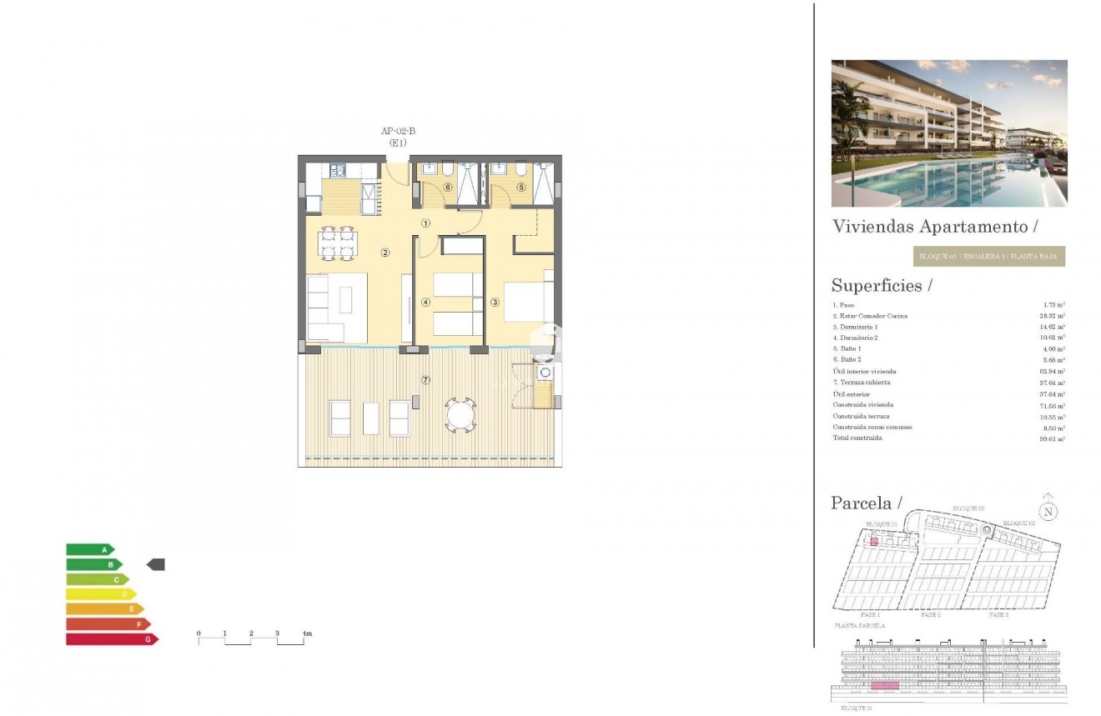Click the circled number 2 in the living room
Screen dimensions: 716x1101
pos(385,253)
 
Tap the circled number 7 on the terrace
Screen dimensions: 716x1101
pos(425,381)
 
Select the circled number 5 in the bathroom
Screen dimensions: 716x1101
pos(521,188)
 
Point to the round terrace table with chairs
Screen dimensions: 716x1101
pos(459,413)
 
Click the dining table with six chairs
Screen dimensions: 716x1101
pos(338,243)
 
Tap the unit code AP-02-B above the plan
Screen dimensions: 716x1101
pos(398,131)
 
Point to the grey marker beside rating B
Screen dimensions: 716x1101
pos(156,565)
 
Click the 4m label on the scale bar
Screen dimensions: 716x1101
pos(306,634)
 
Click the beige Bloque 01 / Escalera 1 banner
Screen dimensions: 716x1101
pos(989,257)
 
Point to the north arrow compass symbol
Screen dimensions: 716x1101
pos(1048,512)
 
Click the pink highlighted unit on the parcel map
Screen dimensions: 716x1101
pos(874,541)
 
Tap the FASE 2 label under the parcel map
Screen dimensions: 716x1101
pos(930,615)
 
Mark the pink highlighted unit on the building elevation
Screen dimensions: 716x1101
pos(885,685)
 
